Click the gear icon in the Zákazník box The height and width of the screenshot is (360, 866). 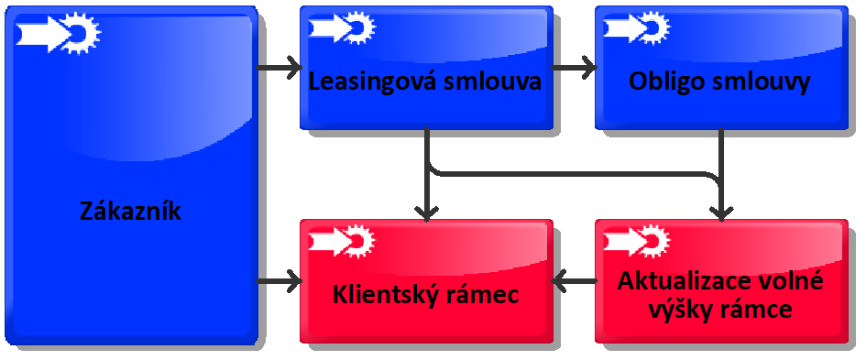(x=81, y=33)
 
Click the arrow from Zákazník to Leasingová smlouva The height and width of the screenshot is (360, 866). (x=280, y=67)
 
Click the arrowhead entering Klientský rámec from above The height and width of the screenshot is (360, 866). (x=427, y=210)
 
